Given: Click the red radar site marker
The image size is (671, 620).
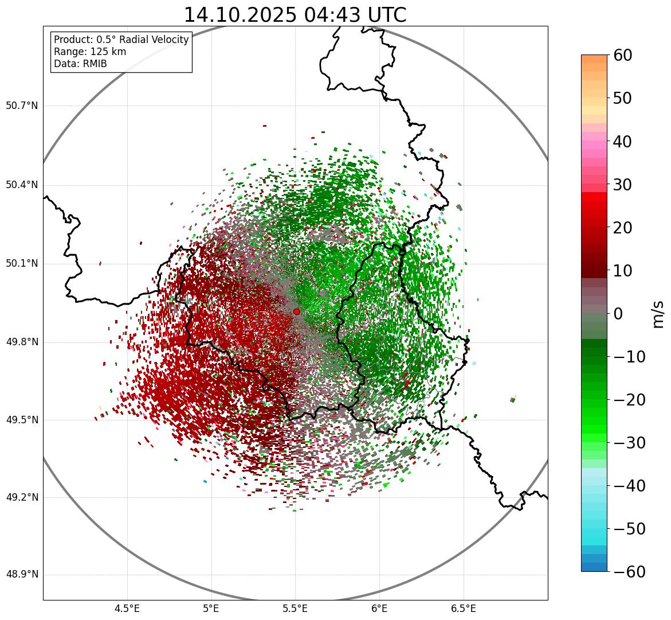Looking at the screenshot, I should [x=296, y=311].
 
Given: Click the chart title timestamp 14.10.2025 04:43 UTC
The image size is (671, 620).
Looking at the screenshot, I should [x=295, y=15].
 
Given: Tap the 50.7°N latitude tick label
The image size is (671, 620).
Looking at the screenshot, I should [x=22, y=106].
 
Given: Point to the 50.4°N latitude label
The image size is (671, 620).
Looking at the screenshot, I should [x=22, y=185].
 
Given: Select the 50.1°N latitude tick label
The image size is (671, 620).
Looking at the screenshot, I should [x=22, y=264].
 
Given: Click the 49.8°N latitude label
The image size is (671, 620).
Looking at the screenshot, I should [x=22, y=342].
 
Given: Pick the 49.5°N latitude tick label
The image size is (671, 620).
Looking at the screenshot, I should [x=22, y=420].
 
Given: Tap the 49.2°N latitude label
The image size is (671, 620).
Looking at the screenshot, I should [x=22, y=497].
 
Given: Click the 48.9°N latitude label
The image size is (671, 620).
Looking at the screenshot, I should [x=22, y=575].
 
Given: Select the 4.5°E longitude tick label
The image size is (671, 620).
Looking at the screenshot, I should [x=127, y=609].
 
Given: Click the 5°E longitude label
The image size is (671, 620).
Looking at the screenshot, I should [x=211, y=609].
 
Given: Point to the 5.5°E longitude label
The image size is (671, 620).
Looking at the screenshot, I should [x=295, y=609].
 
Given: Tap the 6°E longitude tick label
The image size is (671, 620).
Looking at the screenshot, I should [x=379, y=609].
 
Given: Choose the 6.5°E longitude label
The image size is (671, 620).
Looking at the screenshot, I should [x=463, y=609].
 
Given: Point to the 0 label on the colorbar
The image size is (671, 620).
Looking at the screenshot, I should [x=618, y=314].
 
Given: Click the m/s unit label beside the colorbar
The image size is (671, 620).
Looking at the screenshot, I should [x=658, y=314].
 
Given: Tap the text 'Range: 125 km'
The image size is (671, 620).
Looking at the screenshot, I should [x=90, y=52].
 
